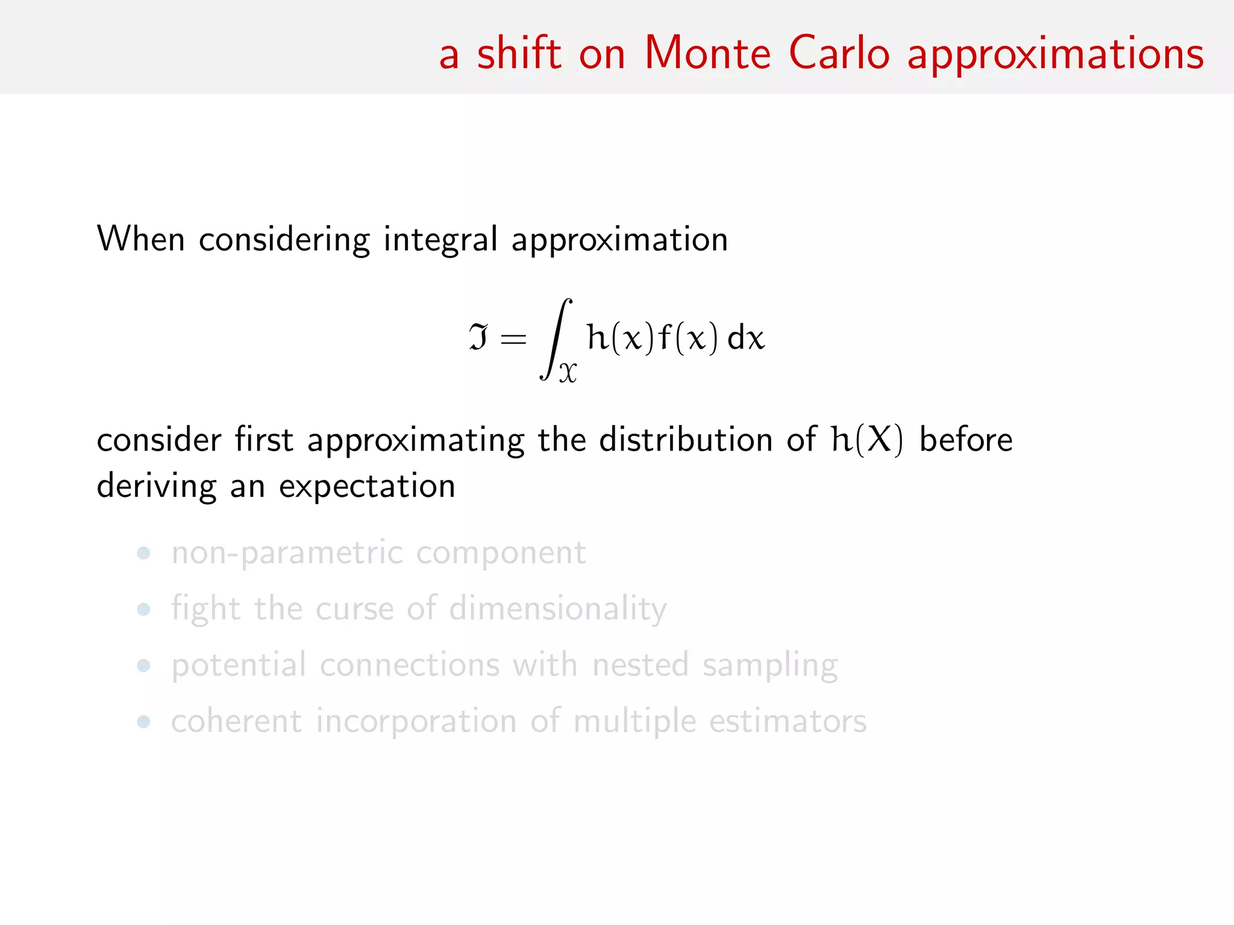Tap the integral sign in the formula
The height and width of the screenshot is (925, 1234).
click(x=556, y=338)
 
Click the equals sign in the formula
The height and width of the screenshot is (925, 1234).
click(x=513, y=338)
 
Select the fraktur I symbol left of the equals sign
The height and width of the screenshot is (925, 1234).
click(x=478, y=337)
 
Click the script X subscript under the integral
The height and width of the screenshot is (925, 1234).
click(x=568, y=373)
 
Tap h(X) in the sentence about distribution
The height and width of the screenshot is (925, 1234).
click(x=867, y=440)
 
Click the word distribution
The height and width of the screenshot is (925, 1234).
click(x=686, y=440)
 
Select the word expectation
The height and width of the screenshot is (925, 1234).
click(x=366, y=487)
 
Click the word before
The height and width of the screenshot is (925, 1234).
click(x=966, y=440)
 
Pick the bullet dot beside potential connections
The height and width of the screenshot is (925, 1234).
click(x=143, y=665)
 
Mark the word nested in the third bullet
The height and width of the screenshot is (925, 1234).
click(x=640, y=665)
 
